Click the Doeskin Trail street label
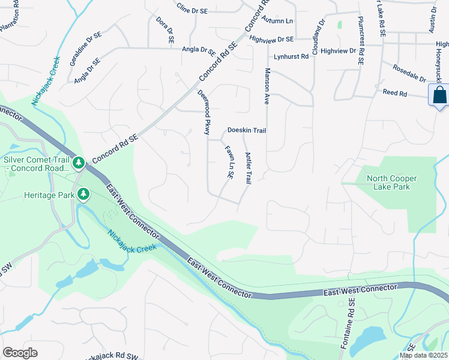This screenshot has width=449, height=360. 246,130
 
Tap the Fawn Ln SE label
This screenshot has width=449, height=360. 229,162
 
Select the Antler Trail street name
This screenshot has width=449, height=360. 248,168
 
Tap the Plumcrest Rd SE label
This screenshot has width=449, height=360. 361,36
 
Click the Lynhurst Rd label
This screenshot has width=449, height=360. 291,56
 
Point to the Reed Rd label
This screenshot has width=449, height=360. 395,94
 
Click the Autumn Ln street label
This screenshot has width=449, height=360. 280,21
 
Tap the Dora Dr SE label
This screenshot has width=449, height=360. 165,30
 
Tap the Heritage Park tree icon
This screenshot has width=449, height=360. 83,194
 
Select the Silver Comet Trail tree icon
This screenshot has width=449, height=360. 78,163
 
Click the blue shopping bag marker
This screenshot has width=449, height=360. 439,95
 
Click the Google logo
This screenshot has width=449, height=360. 20,352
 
